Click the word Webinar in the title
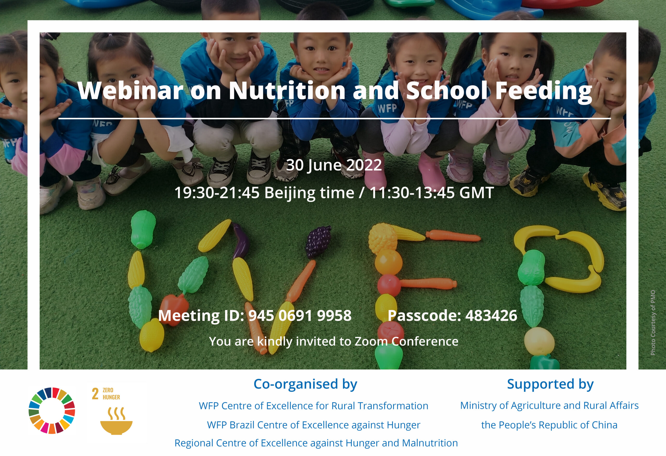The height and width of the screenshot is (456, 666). [130, 90]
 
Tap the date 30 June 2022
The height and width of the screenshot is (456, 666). [334, 165]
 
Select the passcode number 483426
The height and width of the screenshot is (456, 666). [491, 315]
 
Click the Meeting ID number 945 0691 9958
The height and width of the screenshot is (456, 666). [300, 315]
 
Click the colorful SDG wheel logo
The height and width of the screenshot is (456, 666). [52, 410]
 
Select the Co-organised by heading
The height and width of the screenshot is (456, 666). [305, 384]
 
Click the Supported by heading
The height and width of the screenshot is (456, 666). [550, 384]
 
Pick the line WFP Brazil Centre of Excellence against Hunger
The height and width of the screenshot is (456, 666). [313, 425]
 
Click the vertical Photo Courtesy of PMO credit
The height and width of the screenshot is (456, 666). [653, 323]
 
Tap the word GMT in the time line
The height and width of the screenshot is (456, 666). [476, 193]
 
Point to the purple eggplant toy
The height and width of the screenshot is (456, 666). [240, 240]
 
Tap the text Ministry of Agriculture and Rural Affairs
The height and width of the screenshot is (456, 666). [549, 405]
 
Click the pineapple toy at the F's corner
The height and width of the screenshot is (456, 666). [383, 239]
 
